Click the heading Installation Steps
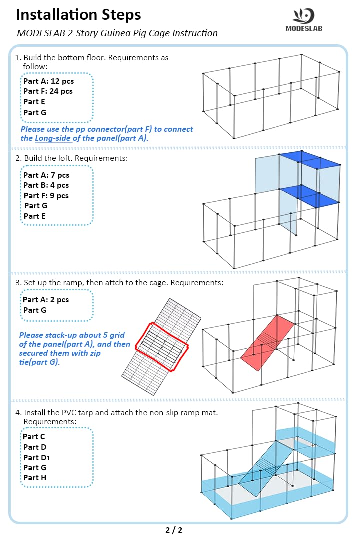click(x=78, y=15)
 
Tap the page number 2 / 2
click(x=174, y=530)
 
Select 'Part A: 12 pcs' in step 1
click(x=48, y=81)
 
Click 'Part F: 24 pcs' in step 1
click(x=48, y=91)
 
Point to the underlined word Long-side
click(x=53, y=138)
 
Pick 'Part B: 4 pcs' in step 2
click(x=46, y=185)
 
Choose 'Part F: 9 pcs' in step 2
click(x=46, y=196)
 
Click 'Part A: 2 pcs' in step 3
click(x=46, y=300)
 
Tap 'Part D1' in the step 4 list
click(x=36, y=457)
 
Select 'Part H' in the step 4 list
click(x=35, y=478)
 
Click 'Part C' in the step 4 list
click(x=34, y=437)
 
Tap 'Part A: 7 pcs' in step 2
click(x=46, y=175)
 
